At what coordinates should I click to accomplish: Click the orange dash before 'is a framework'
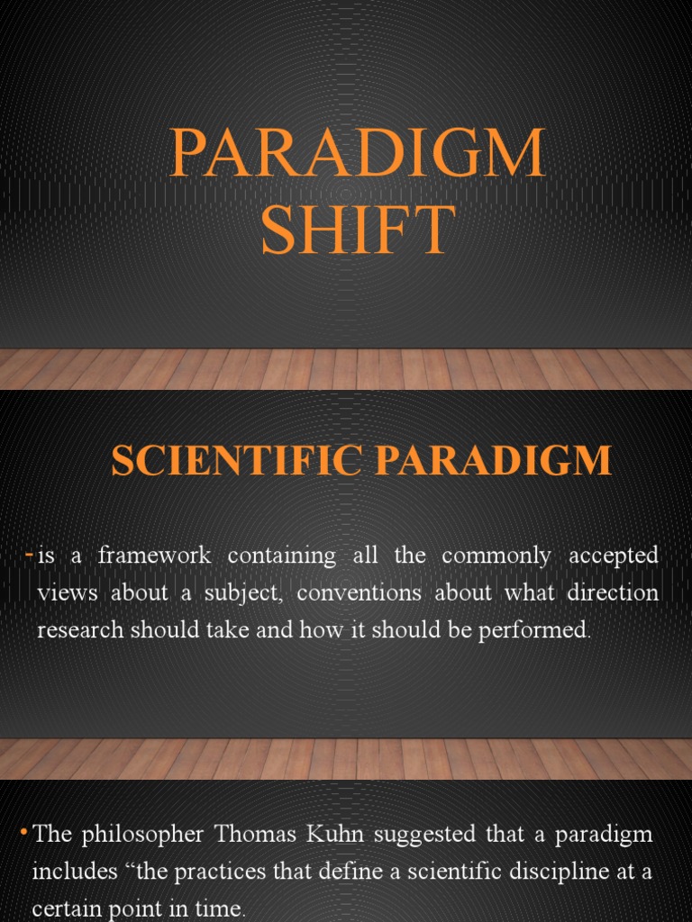pyautogui.click(x=29, y=556)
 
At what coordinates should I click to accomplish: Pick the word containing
pyautogui.click(x=282, y=556)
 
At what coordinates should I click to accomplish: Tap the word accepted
pyautogui.click(x=613, y=556)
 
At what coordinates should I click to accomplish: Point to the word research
pyautogui.click(x=78, y=630)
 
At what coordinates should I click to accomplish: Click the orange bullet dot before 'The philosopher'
pyautogui.click(x=23, y=834)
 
